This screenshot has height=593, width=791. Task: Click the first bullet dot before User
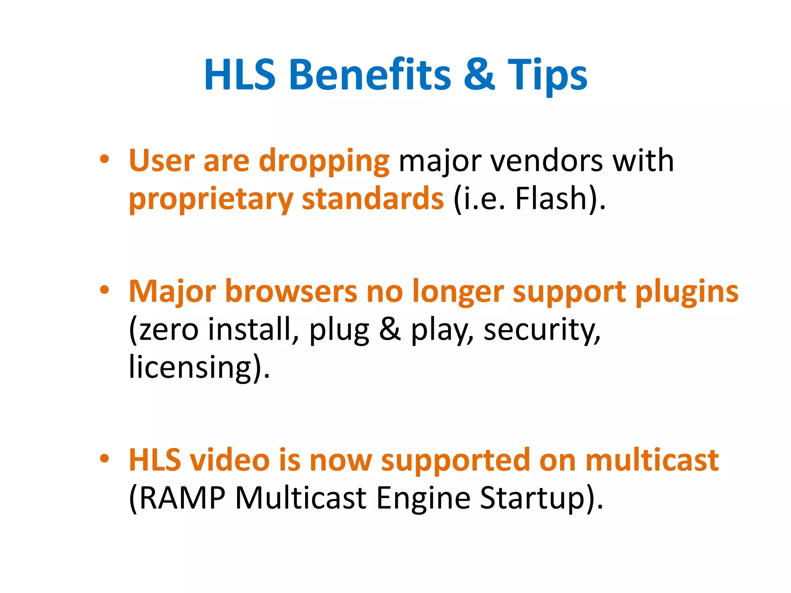tap(104, 159)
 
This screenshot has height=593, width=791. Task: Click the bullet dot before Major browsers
tap(104, 290)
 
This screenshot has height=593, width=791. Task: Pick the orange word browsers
tap(291, 291)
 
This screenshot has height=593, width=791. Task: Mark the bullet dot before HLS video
tap(104, 459)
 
